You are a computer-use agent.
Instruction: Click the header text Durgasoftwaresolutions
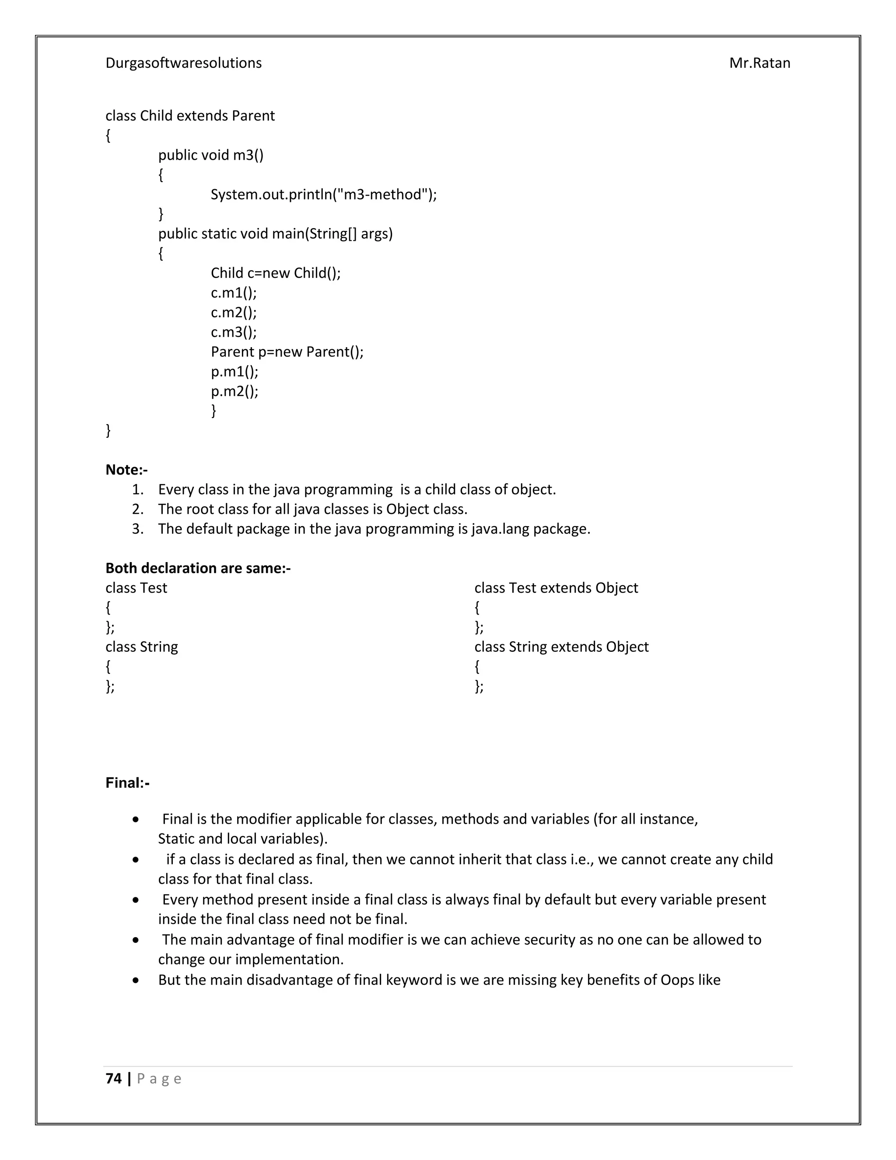click(x=183, y=63)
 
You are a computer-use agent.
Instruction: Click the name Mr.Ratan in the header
click(x=759, y=63)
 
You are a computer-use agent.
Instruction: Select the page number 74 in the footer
click(x=114, y=1078)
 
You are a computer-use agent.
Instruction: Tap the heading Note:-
click(x=126, y=470)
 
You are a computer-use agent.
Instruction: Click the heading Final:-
click(x=127, y=783)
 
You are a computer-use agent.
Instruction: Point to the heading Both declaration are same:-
click(x=197, y=568)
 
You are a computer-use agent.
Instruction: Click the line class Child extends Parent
click(x=190, y=116)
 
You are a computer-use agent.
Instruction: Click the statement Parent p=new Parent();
click(x=287, y=352)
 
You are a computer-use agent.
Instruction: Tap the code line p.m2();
click(x=234, y=391)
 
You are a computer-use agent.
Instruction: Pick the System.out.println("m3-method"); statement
click(x=323, y=194)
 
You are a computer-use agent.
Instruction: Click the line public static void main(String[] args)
click(x=275, y=234)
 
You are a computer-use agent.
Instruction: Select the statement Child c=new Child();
click(x=276, y=273)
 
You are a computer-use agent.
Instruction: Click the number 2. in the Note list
click(x=137, y=510)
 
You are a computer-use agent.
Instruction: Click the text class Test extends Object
click(x=556, y=588)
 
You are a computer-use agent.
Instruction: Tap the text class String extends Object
click(x=561, y=647)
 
